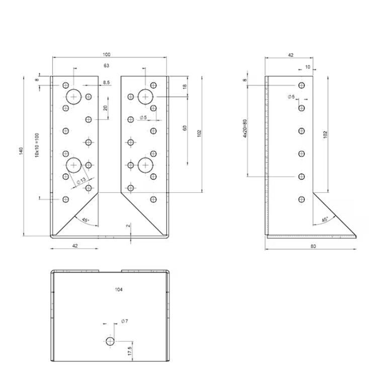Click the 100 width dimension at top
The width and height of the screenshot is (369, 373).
click(x=107, y=54)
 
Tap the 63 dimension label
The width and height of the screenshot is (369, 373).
click(x=107, y=65)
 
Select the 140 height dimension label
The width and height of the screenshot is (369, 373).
click(x=21, y=152)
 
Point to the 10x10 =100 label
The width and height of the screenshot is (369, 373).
click(x=37, y=145)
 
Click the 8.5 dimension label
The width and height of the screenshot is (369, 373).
click(x=107, y=83)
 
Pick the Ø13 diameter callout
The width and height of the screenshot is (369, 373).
click(x=81, y=181)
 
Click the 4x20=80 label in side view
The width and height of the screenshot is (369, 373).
click(x=245, y=128)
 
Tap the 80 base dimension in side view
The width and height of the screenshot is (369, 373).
click(x=313, y=246)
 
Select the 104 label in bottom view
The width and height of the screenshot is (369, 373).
click(x=119, y=289)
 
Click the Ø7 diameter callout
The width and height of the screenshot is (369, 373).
click(x=125, y=321)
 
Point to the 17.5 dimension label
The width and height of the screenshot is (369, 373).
click(x=130, y=351)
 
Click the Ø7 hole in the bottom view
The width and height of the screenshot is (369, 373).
click(x=110, y=342)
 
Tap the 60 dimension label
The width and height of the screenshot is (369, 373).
click(x=185, y=128)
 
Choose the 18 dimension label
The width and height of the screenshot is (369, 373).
click(x=185, y=87)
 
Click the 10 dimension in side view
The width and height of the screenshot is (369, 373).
click(x=308, y=67)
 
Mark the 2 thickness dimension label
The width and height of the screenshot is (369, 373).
click(x=128, y=226)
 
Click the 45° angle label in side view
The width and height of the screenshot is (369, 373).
click(x=325, y=219)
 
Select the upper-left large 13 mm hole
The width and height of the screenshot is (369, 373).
click(x=74, y=97)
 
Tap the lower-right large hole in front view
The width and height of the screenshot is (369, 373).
click(x=146, y=165)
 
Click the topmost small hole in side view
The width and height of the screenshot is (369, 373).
click(x=302, y=85)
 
